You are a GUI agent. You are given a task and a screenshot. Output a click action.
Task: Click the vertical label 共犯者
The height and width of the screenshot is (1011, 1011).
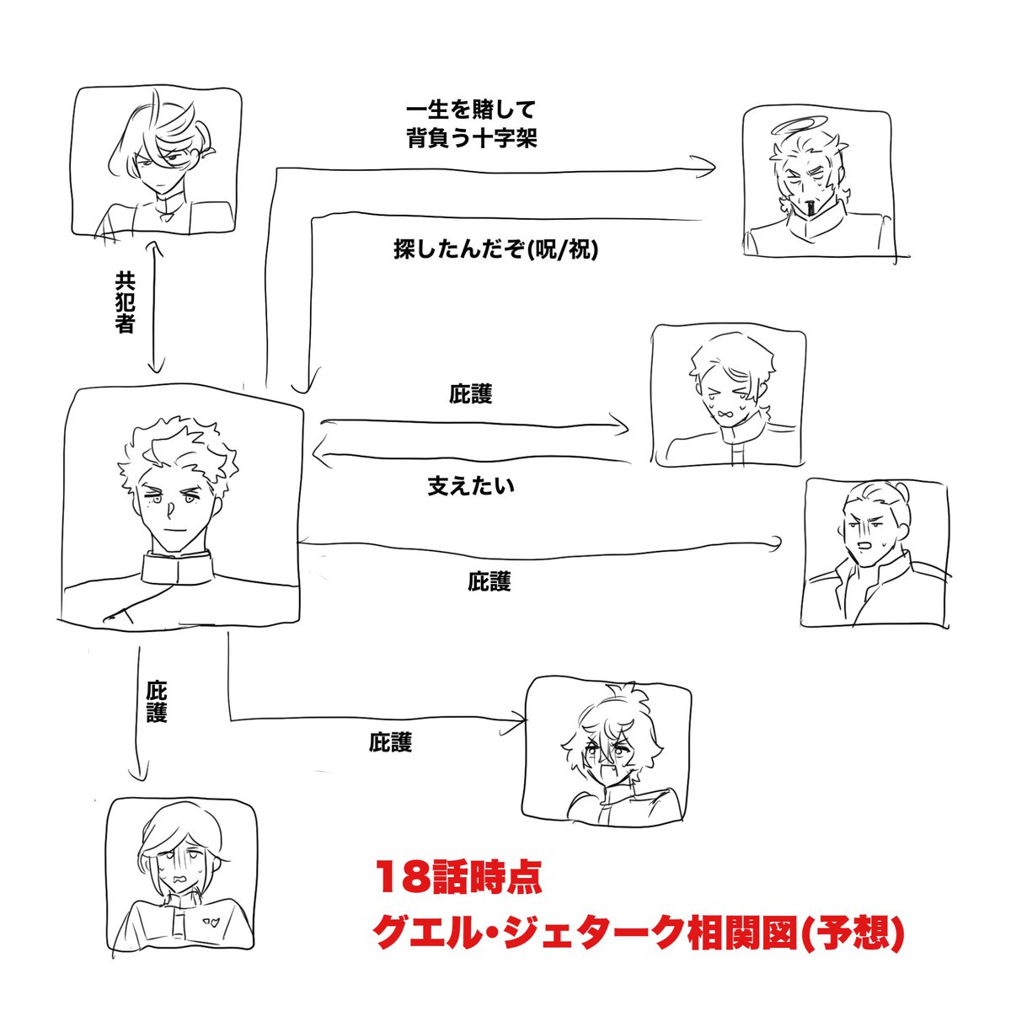coord(125,302)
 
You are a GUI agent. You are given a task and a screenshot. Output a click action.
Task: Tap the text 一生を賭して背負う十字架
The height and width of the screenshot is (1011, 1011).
coord(471,124)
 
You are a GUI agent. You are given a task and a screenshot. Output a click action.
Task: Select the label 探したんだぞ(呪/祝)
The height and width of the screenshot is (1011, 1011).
coord(495,249)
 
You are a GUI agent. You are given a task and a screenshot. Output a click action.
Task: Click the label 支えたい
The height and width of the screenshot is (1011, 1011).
coord(470,486)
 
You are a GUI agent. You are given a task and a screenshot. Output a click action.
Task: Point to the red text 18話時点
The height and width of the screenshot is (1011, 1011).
coord(458,877)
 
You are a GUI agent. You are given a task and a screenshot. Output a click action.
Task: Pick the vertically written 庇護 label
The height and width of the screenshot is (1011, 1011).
coord(157,701)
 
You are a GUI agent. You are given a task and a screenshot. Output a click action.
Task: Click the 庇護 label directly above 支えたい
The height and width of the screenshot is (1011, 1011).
coord(470,393)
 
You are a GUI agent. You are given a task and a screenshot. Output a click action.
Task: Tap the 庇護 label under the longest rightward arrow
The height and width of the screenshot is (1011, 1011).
coord(489,581)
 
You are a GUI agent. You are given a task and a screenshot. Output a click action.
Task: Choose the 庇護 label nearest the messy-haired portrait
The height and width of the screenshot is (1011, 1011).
coord(390,742)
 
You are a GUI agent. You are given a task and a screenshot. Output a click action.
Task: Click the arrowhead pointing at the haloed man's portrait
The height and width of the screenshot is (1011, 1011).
coord(708,168)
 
